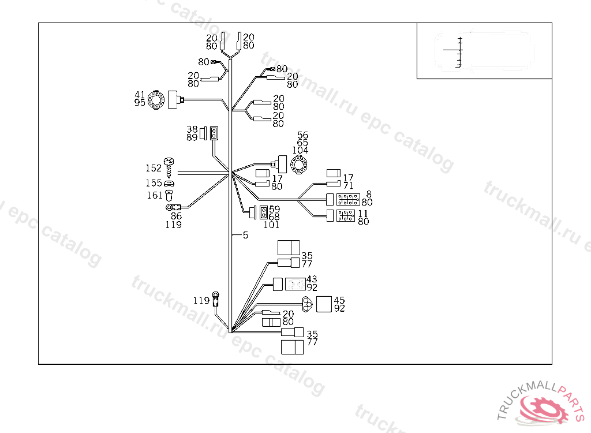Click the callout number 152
point(154,168)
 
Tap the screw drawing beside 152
point(170,167)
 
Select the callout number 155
point(154,183)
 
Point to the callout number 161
point(154,196)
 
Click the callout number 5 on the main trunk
point(245,235)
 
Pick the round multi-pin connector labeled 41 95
point(156,100)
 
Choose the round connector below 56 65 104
point(300,165)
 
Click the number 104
point(300,150)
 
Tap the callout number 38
point(192,129)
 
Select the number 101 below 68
point(271,225)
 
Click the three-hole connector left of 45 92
point(308,303)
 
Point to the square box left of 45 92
point(324,304)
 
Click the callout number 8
point(369,195)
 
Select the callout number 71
point(348,185)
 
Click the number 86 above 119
point(176,216)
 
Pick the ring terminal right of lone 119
point(216,298)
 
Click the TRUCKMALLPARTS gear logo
point(545,408)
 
